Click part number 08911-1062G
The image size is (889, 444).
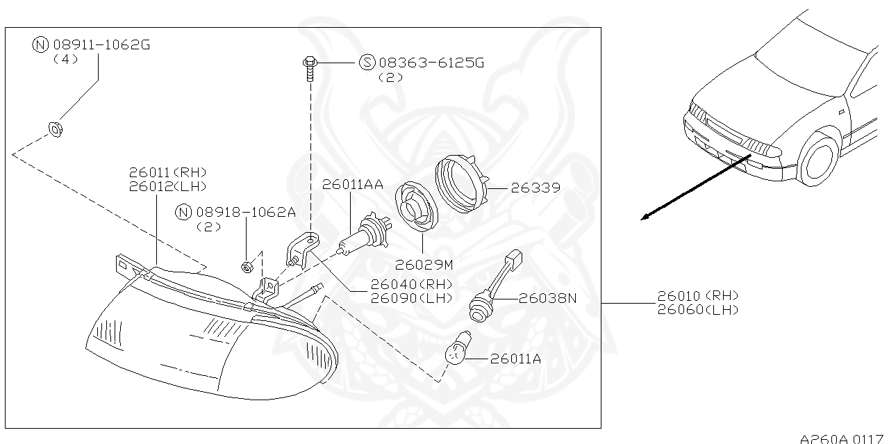click(101, 45)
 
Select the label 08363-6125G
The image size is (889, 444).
click(431, 63)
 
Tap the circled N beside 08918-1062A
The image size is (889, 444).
click(183, 213)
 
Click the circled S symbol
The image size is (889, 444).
click(367, 63)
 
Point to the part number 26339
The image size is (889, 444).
click(535, 188)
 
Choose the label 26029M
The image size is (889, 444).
click(424, 264)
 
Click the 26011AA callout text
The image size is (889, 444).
click(351, 184)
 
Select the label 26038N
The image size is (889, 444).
click(548, 298)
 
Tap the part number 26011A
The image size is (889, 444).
click(515, 359)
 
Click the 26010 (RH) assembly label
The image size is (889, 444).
click(697, 297)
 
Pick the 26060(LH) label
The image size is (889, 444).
click(697, 310)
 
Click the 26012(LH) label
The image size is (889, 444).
click(167, 186)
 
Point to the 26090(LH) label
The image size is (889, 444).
click(411, 297)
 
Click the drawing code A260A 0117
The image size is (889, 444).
click(843, 438)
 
